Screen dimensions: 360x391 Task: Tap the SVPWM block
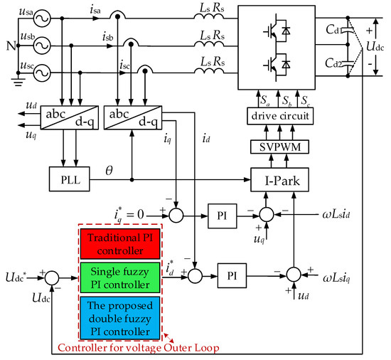coord(282,146)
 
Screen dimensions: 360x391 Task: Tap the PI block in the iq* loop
coord(220,213)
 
